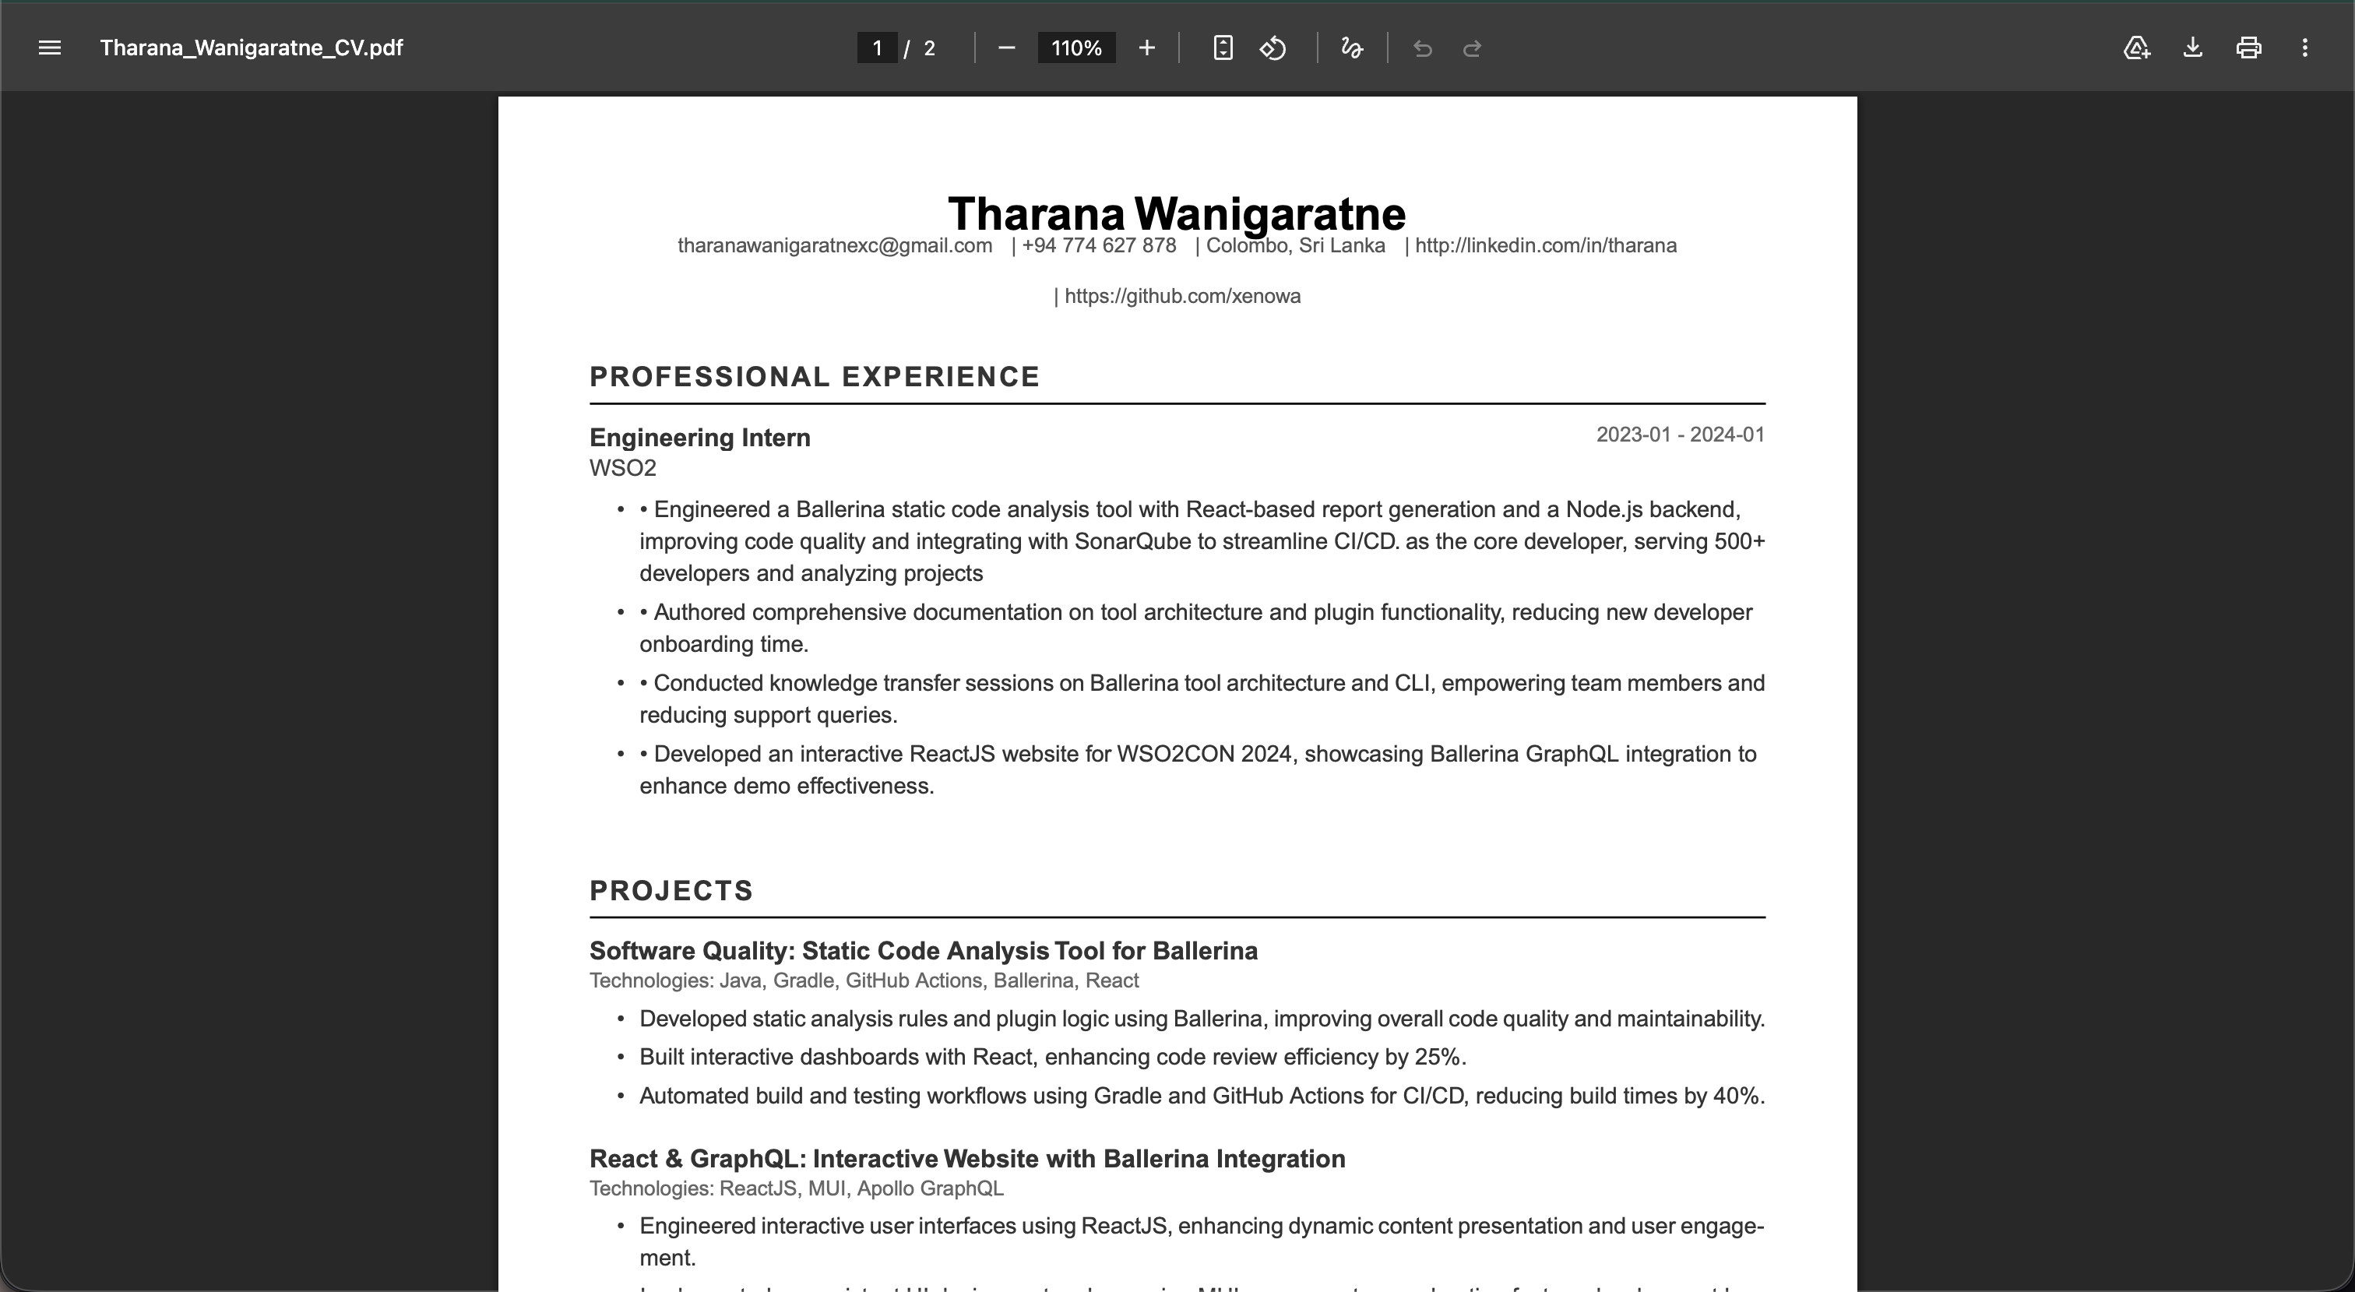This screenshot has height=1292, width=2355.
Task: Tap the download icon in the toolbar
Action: [2192, 48]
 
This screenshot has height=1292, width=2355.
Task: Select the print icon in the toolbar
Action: [2249, 48]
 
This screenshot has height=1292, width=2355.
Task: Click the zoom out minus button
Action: [1006, 48]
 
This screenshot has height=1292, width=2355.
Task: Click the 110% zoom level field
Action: [1076, 48]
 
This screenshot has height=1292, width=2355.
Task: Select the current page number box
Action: [877, 48]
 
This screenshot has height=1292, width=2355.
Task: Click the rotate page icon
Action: [1273, 48]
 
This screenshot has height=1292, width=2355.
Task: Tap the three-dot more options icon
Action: [2304, 48]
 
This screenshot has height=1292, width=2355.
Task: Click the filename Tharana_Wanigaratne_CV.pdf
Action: [252, 48]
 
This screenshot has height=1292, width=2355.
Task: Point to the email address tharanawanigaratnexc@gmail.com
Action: [835, 246]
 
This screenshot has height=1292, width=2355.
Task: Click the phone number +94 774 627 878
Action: [1099, 246]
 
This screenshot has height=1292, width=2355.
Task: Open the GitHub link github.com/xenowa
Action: [1182, 296]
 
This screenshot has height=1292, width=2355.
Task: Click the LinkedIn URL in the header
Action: [1545, 246]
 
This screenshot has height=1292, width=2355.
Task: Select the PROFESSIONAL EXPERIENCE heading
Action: [815, 377]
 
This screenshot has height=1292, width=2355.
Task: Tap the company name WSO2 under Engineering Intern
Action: [622, 468]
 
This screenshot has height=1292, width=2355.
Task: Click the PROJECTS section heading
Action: [671, 891]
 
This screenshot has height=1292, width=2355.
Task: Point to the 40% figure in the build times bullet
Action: [1736, 1096]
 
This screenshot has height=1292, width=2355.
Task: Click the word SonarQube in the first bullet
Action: [1132, 541]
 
